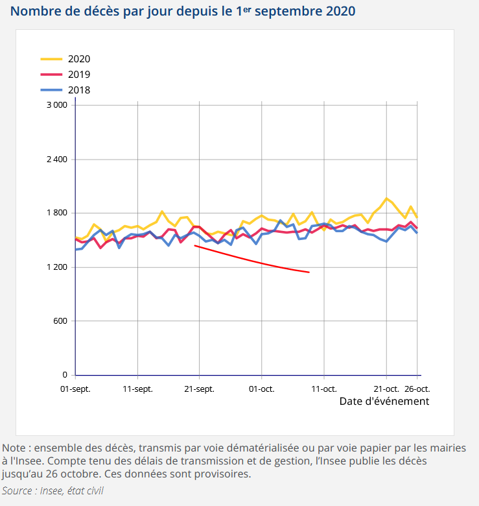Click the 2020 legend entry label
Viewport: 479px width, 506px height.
(x=79, y=58)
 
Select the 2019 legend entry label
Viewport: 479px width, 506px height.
(x=79, y=75)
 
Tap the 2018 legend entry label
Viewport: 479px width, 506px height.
(x=79, y=90)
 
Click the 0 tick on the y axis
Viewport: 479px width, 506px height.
(x=65, y=375)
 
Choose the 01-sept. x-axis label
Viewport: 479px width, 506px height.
(x=75, y=389)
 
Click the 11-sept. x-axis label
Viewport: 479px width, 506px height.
(x=137, y=389)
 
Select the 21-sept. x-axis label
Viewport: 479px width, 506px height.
(x=200, y=389)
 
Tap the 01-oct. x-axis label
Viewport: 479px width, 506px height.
(x=262, y=389)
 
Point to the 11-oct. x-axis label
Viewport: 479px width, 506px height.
(x=324, y=389)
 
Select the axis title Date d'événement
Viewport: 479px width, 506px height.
(x=384, y=402)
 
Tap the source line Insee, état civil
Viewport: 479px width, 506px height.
(x=53, y=490)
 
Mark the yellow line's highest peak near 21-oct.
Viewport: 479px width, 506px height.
(x=386, y=198)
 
